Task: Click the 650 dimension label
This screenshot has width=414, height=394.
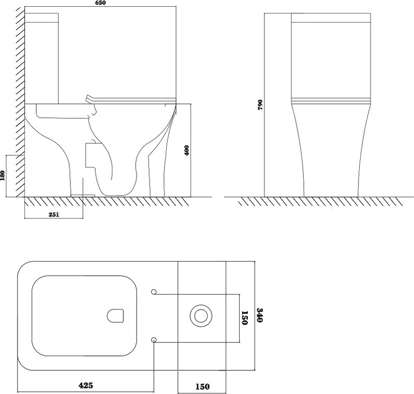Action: (100, 3)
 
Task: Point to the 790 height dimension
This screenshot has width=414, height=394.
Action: (260, 104)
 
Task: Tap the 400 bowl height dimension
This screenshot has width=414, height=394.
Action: (187, 150)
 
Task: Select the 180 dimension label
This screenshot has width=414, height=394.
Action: (3, 176)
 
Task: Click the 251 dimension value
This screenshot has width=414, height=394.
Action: (54, 215)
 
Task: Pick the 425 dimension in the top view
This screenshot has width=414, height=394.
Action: (86, 385)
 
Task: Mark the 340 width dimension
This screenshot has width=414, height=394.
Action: (259, 315)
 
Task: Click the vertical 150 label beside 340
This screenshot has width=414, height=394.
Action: (244, 318)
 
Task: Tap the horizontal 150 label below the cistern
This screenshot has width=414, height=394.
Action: (202, 387)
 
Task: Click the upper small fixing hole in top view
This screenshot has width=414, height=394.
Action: (154, 292)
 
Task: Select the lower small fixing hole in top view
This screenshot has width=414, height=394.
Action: (154, 340)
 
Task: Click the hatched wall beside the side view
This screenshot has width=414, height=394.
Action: (20, 102)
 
